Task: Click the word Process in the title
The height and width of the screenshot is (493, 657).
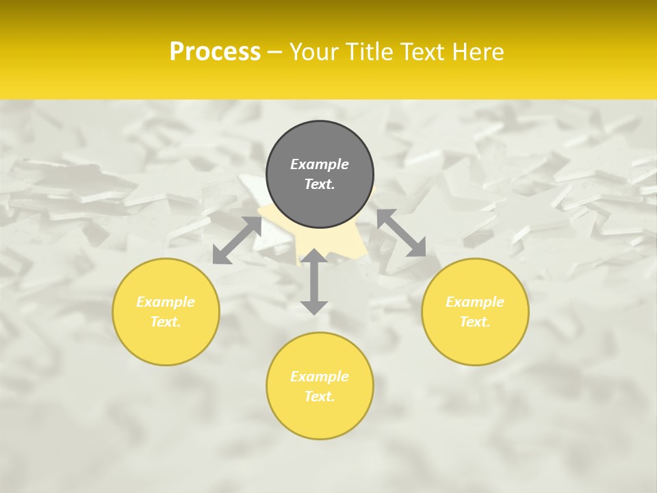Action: point(215,52)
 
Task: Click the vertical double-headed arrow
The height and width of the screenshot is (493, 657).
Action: point(314,281)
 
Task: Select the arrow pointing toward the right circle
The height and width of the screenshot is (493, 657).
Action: point(401,233)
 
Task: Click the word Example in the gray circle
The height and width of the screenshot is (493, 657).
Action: point(320,164)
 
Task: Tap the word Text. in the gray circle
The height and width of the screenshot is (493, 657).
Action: point(320,184)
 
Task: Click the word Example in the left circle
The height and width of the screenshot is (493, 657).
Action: point(166,302)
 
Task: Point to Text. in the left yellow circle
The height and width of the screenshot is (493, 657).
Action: point(166,322)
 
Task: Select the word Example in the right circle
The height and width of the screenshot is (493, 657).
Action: point(475,302)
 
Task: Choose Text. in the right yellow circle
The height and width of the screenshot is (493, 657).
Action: point(475,322)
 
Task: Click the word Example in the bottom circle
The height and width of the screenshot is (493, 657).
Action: point(320,377)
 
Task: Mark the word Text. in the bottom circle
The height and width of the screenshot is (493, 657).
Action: point(320,396)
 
